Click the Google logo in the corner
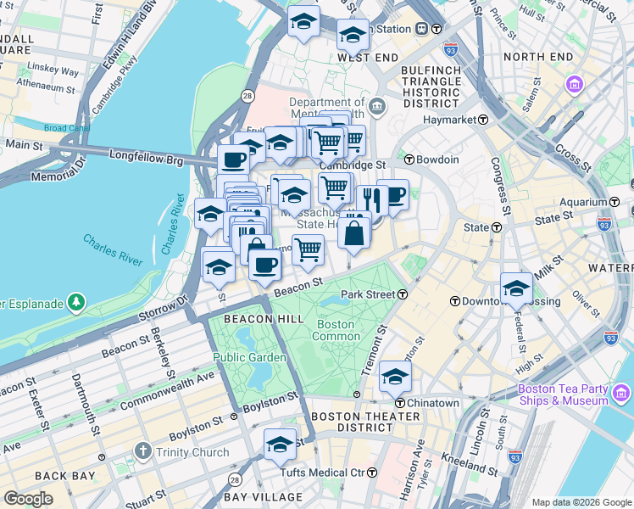click(28, 499)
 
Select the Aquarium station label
click(586, 202)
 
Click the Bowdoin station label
click(437, 159)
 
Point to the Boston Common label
click(337, 330)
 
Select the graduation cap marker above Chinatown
click(395, 375)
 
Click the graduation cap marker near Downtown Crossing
click(515, 288)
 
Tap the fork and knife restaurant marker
click(370, 199)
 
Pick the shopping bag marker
click(353, 232)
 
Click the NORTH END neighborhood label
click(537, 57)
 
